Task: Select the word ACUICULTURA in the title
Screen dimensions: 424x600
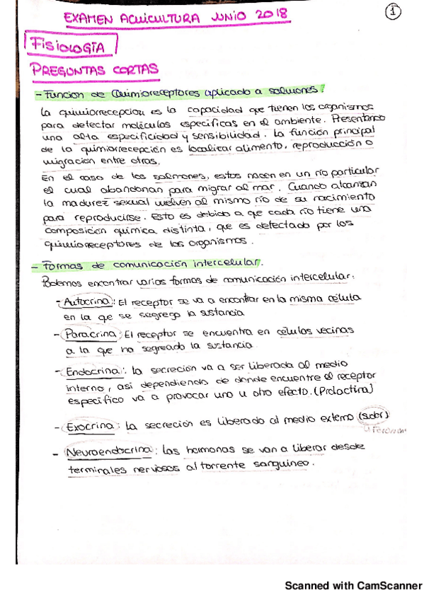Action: click(159, 18)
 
